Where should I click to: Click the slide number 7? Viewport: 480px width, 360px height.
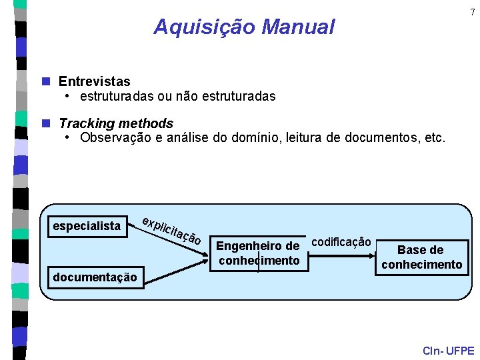point(473,12)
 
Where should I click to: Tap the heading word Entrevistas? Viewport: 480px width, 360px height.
point(95,82)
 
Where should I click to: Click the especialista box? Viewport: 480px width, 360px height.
point(87,226)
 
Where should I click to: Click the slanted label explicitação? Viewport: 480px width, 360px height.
point(172,230)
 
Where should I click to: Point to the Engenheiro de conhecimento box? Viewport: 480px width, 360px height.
point(259,254)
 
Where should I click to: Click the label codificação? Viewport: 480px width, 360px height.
point(341,241)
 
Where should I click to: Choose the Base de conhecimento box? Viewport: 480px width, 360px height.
point(421,257)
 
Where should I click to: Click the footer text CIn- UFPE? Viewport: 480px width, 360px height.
point(448,351)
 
